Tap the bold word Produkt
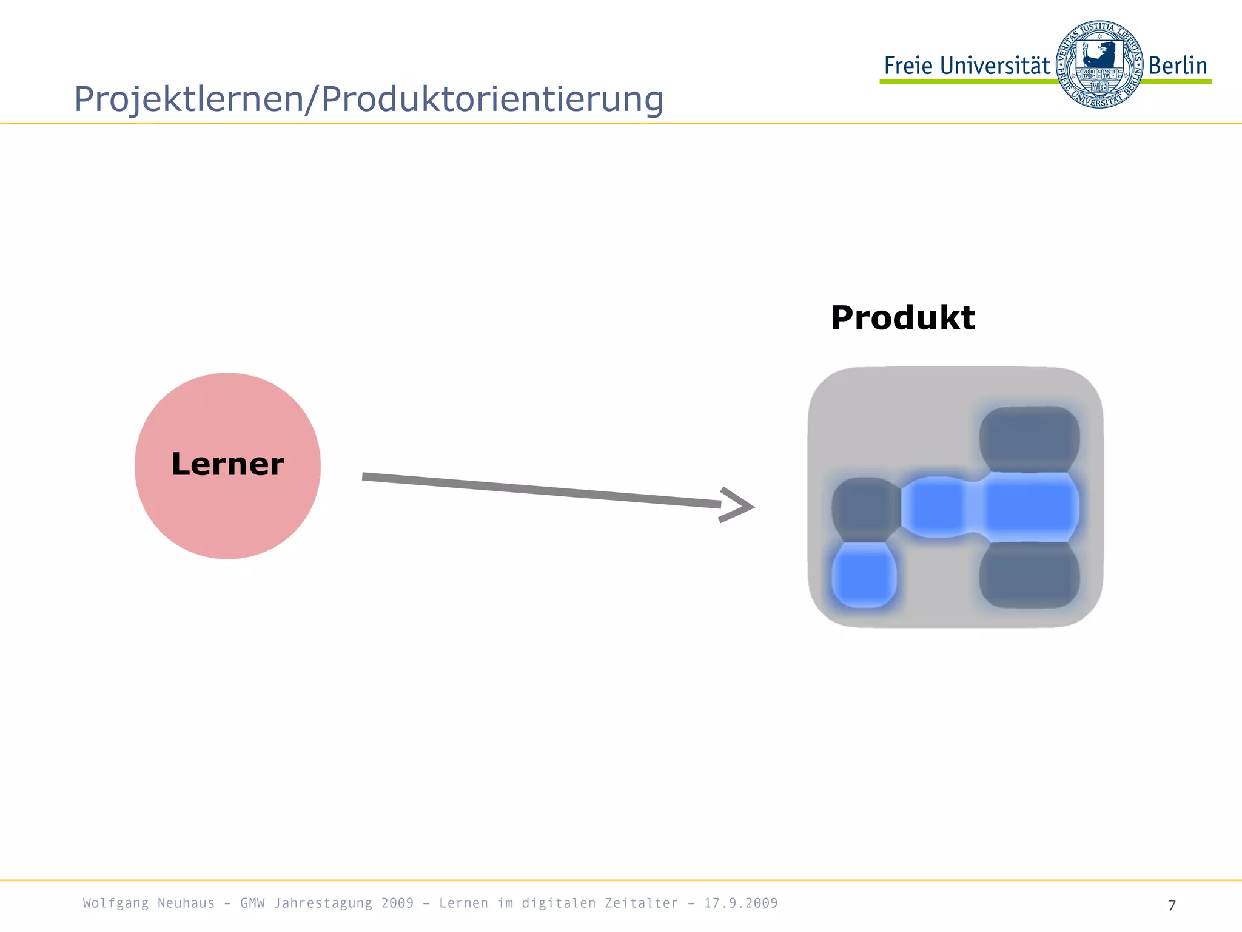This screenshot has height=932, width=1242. tap(902, 318)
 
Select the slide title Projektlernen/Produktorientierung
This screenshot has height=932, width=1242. tap(369, 99)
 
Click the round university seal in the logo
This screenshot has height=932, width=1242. tap(1099, 64)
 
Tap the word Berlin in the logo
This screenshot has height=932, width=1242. tap(1177, 66)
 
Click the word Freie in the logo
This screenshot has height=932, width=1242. tap(908, 66)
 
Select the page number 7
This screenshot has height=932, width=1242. tap(1172, 905)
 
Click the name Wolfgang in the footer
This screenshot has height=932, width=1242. tap(115, 903)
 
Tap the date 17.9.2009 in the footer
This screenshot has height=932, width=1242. tap(740, 903)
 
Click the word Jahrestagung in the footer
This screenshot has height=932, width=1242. tap(323, 903)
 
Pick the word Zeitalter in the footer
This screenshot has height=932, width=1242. tap(641, 903)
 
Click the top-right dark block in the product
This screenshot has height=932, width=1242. tap(1029, 438)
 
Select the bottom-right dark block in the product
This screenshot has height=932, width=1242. tap(1029, 575)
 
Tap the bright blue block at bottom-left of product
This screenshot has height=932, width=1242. tap(864, 575)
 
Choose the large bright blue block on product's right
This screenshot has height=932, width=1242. tap(1029, 507)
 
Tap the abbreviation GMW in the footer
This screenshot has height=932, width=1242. tap(252, 903)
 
